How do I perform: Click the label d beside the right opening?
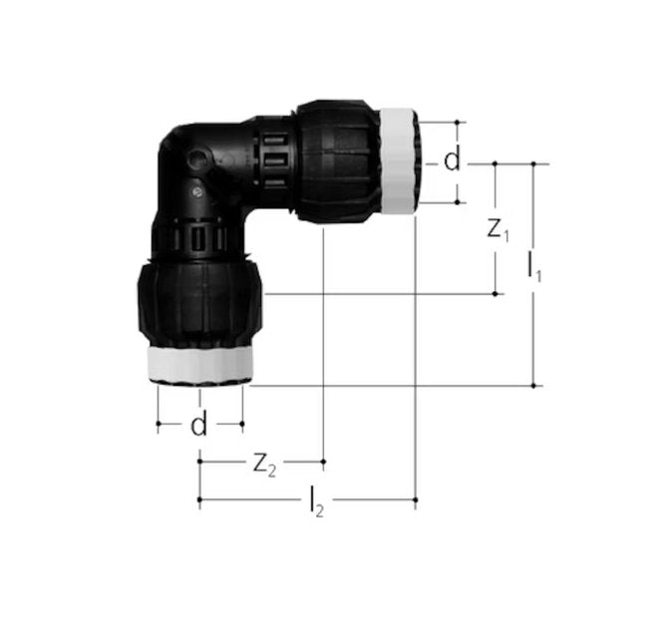pyautogui.click(x=453, y=160)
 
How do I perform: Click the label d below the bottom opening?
pyautogui.click(x=199, y=426)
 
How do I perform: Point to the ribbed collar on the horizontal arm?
pyautogui.click(x=273, y=159)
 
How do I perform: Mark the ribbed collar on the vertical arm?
pyautogui.click(x=199, y=239)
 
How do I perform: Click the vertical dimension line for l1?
pyautogui.click(x=535, y=329)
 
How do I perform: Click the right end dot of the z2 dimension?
pyautogui.click(x=324, y=461)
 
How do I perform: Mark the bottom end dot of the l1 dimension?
pyautogui.click(x=535, y=385)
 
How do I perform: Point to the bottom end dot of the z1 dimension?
pyautogui.click(x=497, y=293)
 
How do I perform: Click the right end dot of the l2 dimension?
pyautogui.click(x=415, y=497)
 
